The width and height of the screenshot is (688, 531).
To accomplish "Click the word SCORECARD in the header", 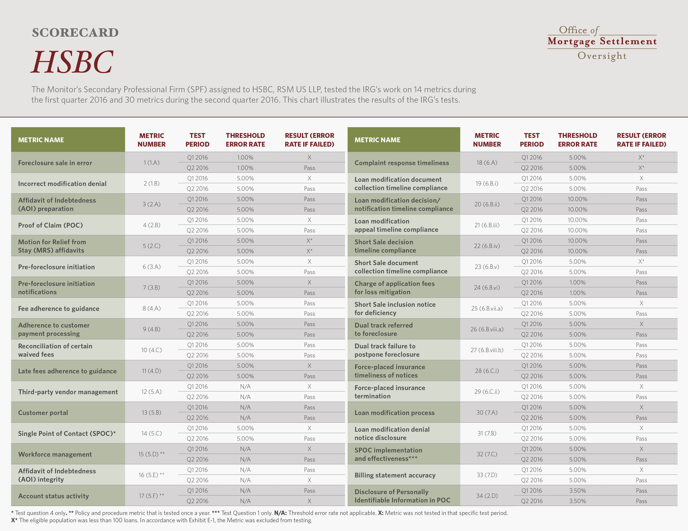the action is tap(75, 32).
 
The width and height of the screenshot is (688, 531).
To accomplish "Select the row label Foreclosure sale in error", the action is tap(55, 163).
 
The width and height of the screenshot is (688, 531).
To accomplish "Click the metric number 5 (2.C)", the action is tap(152, 246).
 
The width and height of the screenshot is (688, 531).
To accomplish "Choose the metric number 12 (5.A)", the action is tap(152, 392).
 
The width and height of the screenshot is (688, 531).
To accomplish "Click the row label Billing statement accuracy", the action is tap(395, 475).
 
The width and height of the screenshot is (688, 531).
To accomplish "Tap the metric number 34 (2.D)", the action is tap(487, 496).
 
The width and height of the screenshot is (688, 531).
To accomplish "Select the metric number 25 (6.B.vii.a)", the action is tap(487, 308).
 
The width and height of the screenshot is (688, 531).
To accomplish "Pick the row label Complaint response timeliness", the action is tap(402, 163).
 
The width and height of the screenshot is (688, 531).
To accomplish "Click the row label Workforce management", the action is tap(55, 454).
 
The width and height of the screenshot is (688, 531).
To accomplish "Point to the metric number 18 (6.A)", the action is tap(487, 163).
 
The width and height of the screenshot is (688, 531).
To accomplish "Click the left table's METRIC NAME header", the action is tap(41, 140).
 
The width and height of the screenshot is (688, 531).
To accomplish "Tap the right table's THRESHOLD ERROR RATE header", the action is tap(578, 140).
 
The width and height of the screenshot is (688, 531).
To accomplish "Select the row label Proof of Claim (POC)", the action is tap(50, 225).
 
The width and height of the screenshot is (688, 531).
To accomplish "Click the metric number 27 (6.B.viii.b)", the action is tap(487, 350).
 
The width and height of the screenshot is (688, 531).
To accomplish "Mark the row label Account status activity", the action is tap(54, 496).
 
